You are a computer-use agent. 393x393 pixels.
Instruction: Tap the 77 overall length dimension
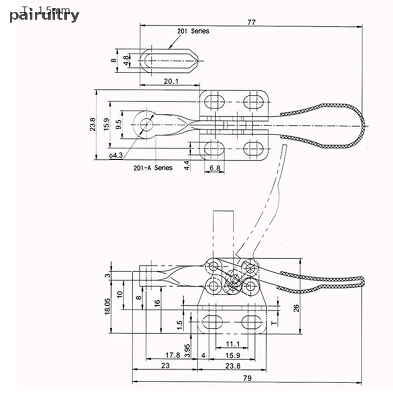252,22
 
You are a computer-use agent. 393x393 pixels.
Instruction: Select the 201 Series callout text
193,31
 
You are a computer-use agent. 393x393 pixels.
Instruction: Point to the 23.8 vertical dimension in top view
92,124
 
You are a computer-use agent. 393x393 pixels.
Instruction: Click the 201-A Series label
153,168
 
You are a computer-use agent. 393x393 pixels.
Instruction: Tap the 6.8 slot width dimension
214,168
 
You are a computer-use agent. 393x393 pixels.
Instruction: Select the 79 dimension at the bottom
247,378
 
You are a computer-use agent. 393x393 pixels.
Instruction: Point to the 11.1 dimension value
233,344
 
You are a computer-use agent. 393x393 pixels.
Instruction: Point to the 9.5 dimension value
118,124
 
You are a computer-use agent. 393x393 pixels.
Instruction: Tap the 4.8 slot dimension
126,60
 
